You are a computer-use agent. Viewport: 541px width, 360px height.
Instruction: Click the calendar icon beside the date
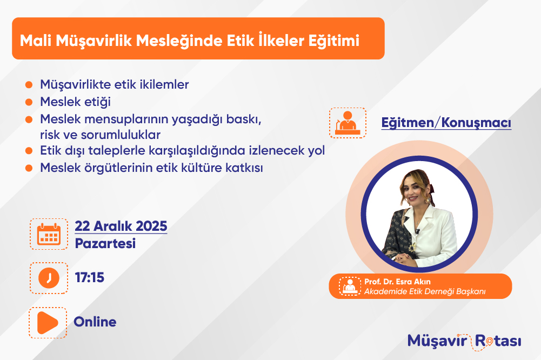tap(49, 234)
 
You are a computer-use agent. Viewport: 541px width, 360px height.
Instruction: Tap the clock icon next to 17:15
tap(49, 278)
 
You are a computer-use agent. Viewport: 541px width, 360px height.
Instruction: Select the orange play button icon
tap(48, 323)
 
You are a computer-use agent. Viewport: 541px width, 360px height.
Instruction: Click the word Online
tap(95, 322)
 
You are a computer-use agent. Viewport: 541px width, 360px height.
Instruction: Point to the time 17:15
tap(90, 277)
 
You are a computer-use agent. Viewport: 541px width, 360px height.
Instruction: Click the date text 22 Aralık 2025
tap(121, 226)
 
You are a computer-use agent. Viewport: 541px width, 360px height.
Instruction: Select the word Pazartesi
tap(105, 243)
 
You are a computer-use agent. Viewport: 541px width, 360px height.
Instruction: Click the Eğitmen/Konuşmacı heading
tap(446, 123)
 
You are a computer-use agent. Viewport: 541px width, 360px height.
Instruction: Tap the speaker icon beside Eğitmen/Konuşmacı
tap(348, 123)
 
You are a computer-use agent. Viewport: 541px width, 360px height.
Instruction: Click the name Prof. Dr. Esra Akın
tap(397, 282)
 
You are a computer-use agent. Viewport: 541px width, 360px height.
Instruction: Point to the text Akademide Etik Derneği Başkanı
tap(425, 291)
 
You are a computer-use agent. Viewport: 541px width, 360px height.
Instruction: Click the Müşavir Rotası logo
tap(464, 342)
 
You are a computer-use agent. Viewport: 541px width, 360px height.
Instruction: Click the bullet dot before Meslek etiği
tap(29, 102)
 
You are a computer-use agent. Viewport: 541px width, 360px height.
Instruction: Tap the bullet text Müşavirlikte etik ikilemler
tap(115, 84)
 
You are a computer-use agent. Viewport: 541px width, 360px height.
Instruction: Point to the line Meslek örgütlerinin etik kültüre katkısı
tap(151, 168)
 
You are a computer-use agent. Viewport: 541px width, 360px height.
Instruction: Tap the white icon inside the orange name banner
tap(350, 286)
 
